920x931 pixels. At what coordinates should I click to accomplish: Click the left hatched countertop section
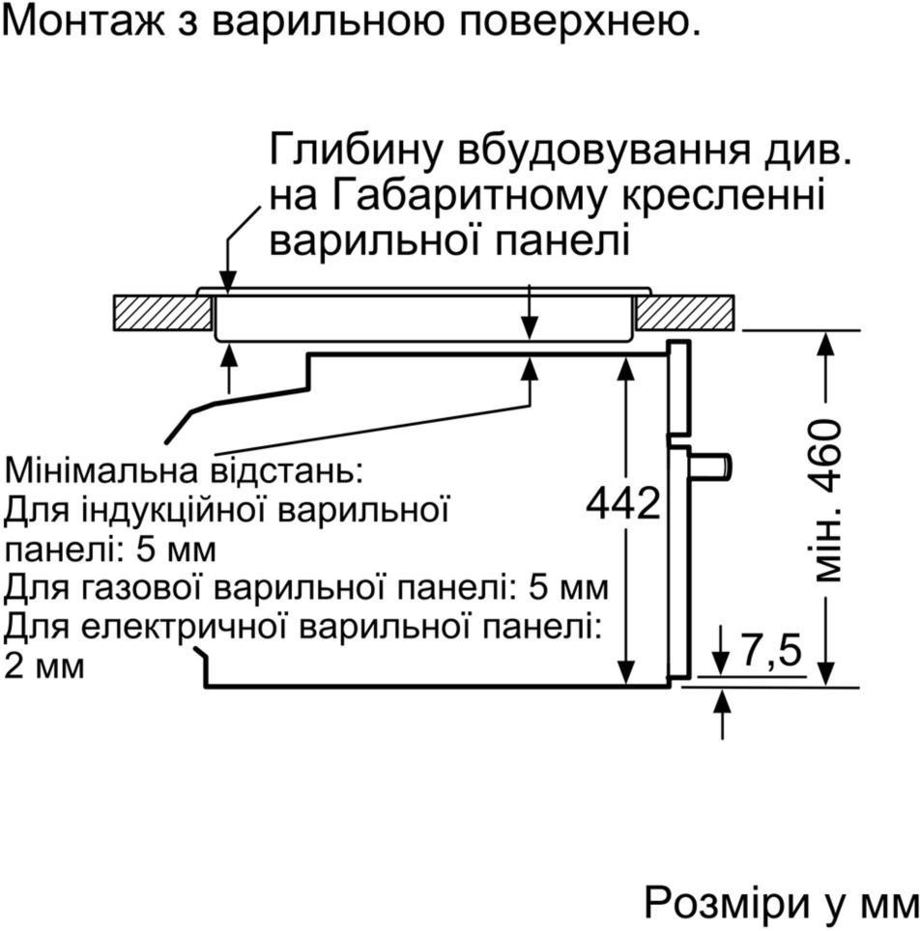coord(162,312)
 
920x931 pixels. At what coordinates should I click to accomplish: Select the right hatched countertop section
coord(683,312)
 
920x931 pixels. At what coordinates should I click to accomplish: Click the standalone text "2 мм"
coord(44,665)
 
